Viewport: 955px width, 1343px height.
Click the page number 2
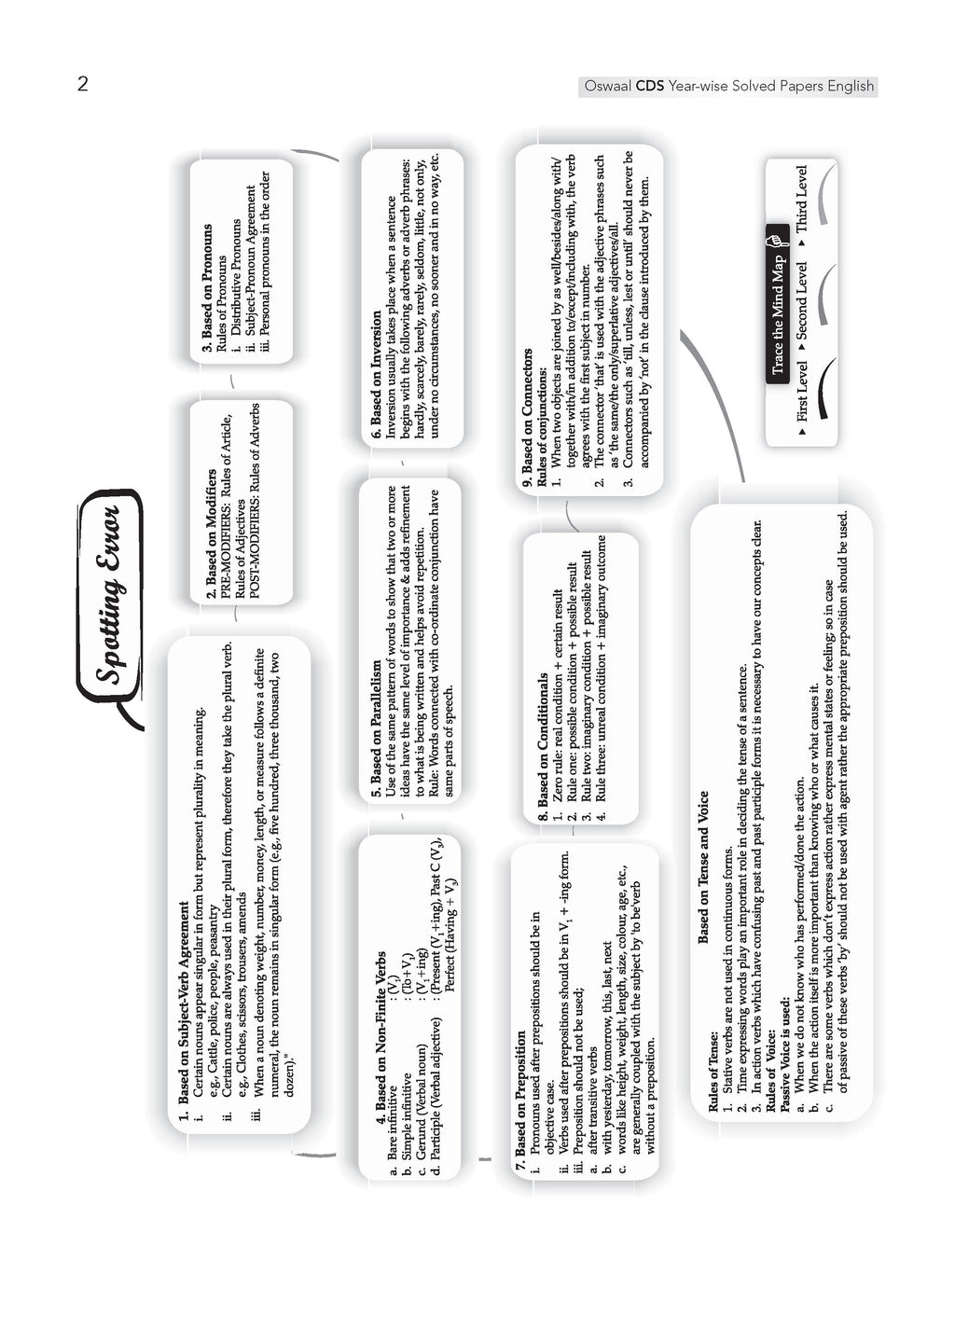[x=83, y=85]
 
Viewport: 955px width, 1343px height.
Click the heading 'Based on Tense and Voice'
[x=703, y=867]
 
